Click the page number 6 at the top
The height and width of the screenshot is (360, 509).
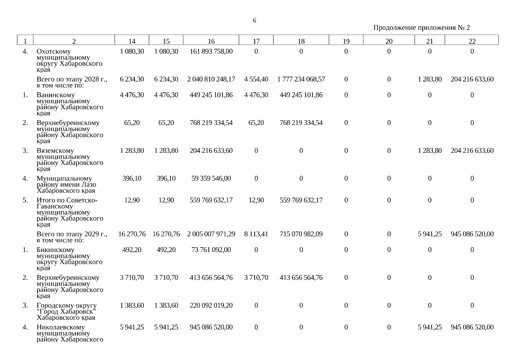(x=254, y=20)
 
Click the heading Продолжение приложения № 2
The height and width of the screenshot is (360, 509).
(x=421, y=28)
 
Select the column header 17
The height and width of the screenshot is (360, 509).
(x=256, y=41)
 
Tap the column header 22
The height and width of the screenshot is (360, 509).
(x=472, y=41)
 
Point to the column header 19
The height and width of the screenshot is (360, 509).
(x=346, y=41)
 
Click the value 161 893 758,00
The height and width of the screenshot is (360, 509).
(x=211, y=51)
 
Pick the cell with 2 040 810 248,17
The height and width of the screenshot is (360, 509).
(x=211, y=79)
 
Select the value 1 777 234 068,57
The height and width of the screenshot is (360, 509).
(x=301, y=79)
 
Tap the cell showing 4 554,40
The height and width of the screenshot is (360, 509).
(x=256, y=79)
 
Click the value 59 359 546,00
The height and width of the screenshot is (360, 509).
(x=211, y=178)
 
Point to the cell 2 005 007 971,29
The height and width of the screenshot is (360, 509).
(x=211, y=234)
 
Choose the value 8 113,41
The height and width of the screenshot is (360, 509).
(x=256, y=234)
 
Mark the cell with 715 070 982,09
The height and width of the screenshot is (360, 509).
(x=301, y=234)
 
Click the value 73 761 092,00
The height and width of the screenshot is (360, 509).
(x=211, y=250)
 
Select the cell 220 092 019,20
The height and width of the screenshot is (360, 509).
(x=211, y=305)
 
